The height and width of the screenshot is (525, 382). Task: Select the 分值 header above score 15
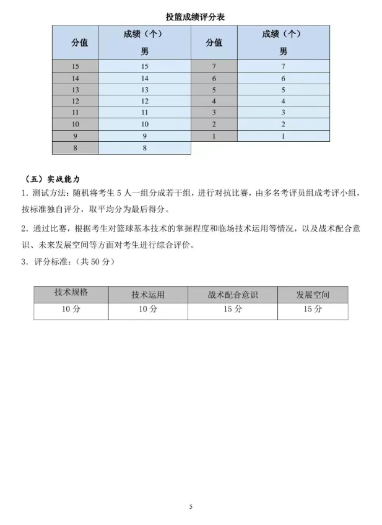pyautogui.click(x=76, y=43)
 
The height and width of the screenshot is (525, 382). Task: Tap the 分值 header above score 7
pyautogui.click(x=214, y=43)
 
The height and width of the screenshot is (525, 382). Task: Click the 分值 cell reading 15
pyautogui.click(x=76, y=66)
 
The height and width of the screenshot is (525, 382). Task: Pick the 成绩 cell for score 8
pyautogui.click(x=145, y=148)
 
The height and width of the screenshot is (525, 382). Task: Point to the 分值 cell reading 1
pyautogui.click(x=214, y=136)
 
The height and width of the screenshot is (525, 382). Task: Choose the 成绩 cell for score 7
pyautogui.click(x=283, y=66)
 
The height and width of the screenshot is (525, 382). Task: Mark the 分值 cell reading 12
pyautogui.click(x=76, y=101)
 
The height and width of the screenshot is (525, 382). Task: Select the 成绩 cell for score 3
pyautogui.click(x=283, y=113)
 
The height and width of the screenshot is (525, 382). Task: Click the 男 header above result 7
pyautogui.click(x=283, y=51)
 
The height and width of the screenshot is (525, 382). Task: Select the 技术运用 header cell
pyautogui.click(x=148, y=295)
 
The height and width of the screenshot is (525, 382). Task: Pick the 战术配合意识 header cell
pyautogui.click(x=233, y=295)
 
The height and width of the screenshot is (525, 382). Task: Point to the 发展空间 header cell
pyautogui.click(x=313, y=295)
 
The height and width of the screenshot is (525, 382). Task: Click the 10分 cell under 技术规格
pyautogui.click(x=71, y=310)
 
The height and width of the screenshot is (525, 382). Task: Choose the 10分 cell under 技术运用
pyautogui.click(x=148, y=310)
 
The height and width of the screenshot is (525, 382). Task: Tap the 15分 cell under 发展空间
pyautogui.click(x=313, y=310)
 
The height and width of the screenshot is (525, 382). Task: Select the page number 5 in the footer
pyautogui.click(x=191, y=507)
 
